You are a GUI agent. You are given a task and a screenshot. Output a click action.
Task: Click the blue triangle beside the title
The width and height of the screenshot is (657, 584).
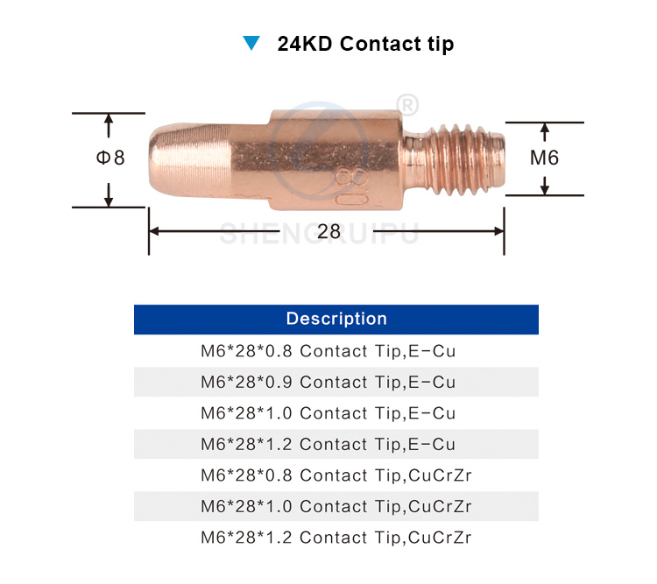click(x=252, y=43)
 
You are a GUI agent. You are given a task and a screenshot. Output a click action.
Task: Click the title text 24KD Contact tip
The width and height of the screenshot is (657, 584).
click(x=365, y=43)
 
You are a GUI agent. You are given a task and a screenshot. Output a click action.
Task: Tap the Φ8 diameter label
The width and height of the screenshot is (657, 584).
click(x=110, y=158)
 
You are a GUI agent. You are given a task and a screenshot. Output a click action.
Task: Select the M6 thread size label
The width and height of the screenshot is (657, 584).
click(x=544, y=158)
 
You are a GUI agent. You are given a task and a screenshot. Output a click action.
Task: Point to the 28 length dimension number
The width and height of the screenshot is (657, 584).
click(x=328, y=231)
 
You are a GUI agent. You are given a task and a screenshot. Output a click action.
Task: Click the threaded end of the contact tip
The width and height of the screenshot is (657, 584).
click(x=463, y=160)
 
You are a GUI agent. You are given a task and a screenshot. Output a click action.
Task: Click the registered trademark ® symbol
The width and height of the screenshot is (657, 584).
click(x=407, y=104)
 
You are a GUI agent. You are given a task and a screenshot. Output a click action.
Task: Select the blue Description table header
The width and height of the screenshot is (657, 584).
click(x=336, y=319)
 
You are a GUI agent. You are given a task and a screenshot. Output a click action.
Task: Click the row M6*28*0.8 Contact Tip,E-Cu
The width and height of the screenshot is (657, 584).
click(x=336, y=351)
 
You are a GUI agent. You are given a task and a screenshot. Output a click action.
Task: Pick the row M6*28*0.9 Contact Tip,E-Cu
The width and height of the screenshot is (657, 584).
click(x=336, y=382)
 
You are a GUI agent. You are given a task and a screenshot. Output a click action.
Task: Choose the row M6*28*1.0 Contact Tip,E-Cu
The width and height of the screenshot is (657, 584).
click(x=336, y=412)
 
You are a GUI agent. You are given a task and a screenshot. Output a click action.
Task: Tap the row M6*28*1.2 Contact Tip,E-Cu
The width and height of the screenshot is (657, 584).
click(x=336, y=444)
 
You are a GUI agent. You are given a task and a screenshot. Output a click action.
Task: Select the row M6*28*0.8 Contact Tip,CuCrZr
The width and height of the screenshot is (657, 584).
click(x=336, y=475)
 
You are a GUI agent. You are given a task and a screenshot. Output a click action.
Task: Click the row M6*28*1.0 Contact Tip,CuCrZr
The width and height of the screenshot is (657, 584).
click(x=336, y=506)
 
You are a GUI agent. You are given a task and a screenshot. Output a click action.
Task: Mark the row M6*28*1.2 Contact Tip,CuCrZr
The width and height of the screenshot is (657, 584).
click(x=336, y=537)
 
